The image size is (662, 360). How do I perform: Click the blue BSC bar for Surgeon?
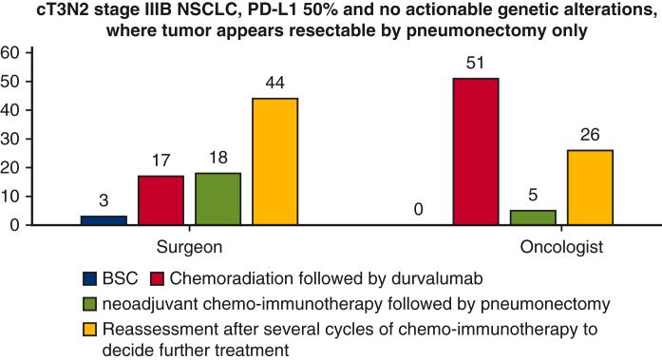[104, 220]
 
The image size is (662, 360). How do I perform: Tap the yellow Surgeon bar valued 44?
[274, 161]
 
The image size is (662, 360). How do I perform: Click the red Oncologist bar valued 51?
[475, 151]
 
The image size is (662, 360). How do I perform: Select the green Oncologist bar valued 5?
[532, 218]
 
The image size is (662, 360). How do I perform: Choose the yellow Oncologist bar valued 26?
[589, 187]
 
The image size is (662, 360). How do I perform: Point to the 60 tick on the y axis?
[11, 53]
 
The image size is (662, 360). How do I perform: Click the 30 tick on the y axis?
[11, 139]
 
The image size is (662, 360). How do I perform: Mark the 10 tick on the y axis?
[11, 197]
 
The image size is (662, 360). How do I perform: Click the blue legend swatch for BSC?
[90, 278]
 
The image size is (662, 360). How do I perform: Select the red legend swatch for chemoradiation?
[158, 278]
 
